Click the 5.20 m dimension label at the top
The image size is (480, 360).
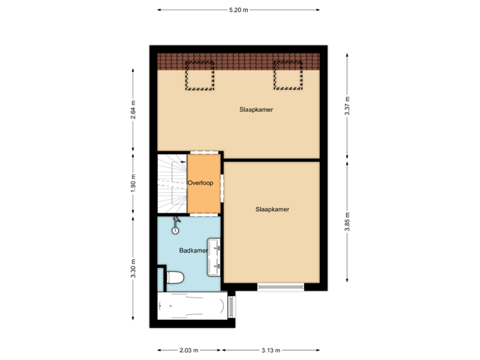tap(238, 10)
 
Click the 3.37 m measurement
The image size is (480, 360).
tap(347, 107)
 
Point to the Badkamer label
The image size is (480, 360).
tap(193, 251)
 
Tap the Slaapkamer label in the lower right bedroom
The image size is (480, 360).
tap(272, 209)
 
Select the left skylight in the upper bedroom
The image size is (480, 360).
tap(199, 75)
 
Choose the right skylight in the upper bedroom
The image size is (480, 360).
tap(287, 75)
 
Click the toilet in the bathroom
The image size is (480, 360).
tap(175, 277)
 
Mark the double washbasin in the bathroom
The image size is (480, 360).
tap(215, 256)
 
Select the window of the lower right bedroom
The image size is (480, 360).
tap(281, 288)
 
